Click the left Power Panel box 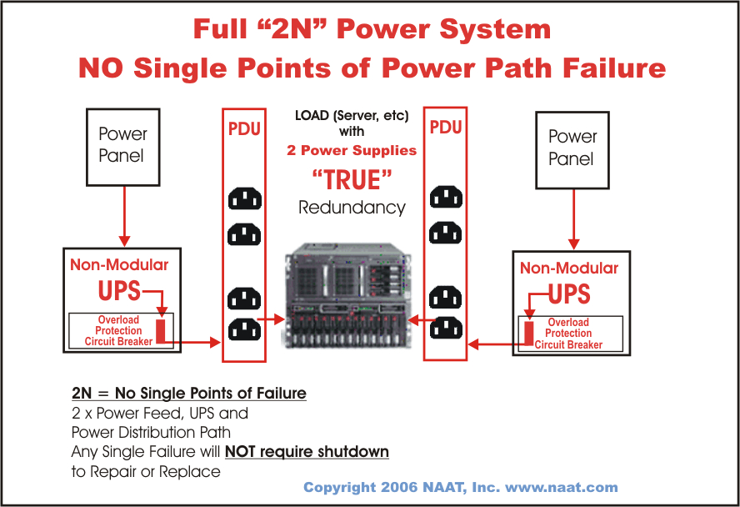122,145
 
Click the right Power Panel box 572,148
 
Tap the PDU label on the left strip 244,129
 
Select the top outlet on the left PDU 244,198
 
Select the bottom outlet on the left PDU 244,329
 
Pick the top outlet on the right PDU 446,198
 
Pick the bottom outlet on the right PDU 446,328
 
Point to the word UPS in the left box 119,292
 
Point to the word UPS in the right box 570,294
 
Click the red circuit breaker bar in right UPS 528,331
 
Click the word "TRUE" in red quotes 352,180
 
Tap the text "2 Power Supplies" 352,151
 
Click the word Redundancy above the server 352,208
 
